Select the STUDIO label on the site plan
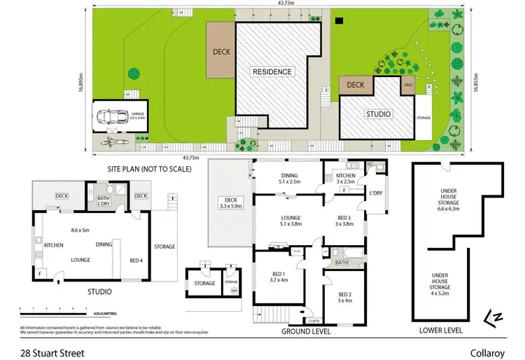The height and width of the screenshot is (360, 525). coord(378,113)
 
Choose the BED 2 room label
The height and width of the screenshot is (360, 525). coord(344,297)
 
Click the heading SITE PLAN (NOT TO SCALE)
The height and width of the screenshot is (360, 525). coord(149,169)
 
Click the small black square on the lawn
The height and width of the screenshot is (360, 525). coord(339,20)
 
